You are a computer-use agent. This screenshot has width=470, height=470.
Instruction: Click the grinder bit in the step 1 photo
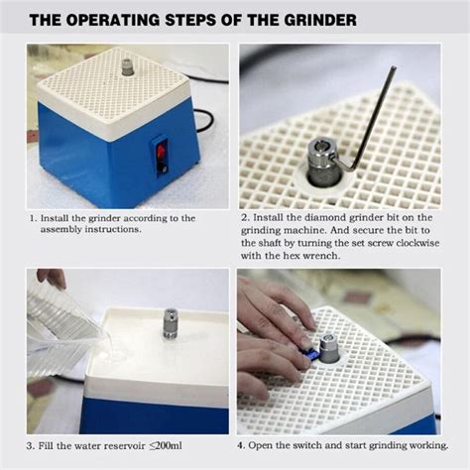pos(127,67)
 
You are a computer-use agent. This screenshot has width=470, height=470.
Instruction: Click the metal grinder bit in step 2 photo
pos(324,160)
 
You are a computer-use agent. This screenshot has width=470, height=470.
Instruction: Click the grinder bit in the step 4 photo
pos(326,347)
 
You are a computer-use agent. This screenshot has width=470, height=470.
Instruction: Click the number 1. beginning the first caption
pos(33,218)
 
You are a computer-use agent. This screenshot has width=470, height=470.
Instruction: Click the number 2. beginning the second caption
pos(245,218)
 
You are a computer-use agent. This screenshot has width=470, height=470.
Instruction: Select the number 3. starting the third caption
pos(33,445)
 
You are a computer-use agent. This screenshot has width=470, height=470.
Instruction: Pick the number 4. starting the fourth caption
pos(245,445)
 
